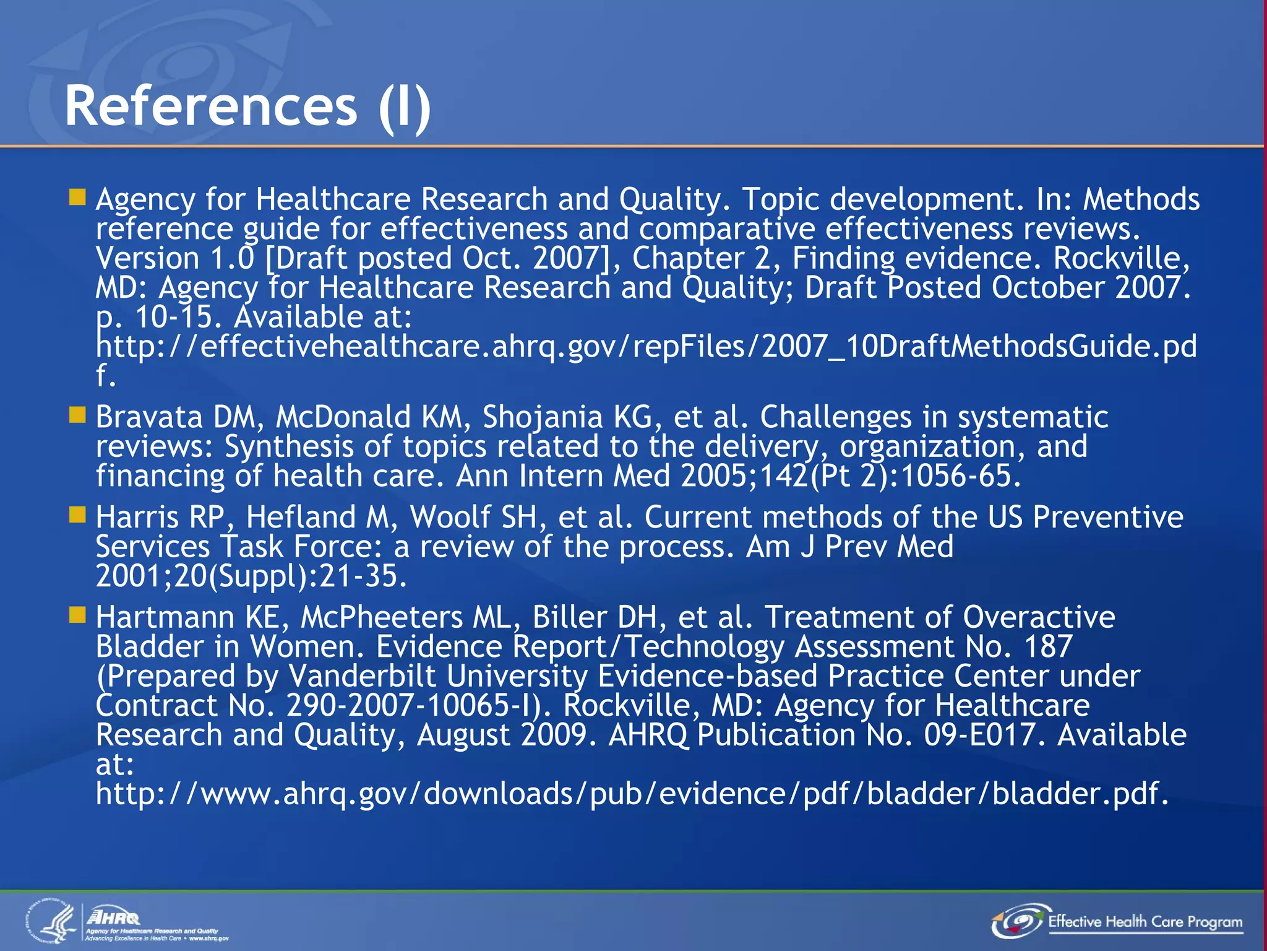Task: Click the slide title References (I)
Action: pyautogui.click(x=247, y=106)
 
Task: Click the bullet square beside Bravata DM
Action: pyautogui.click(x=77, y=415)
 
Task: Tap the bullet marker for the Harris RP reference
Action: pyautogui.click(x=77, y=515)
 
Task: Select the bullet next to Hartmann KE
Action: pyautogui.click(x=77, y=615)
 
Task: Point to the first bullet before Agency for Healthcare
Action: pyautogui.click(x=77, y=198)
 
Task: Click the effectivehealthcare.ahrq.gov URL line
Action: pyautogui.click(x=646, y=347)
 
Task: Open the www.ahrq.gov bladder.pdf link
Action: pyautogui.click(x=632, y=794)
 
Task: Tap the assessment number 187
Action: pyautogui.click(x=1048, y=647)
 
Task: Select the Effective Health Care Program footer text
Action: pyautogui.click(x=1145, y=922)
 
